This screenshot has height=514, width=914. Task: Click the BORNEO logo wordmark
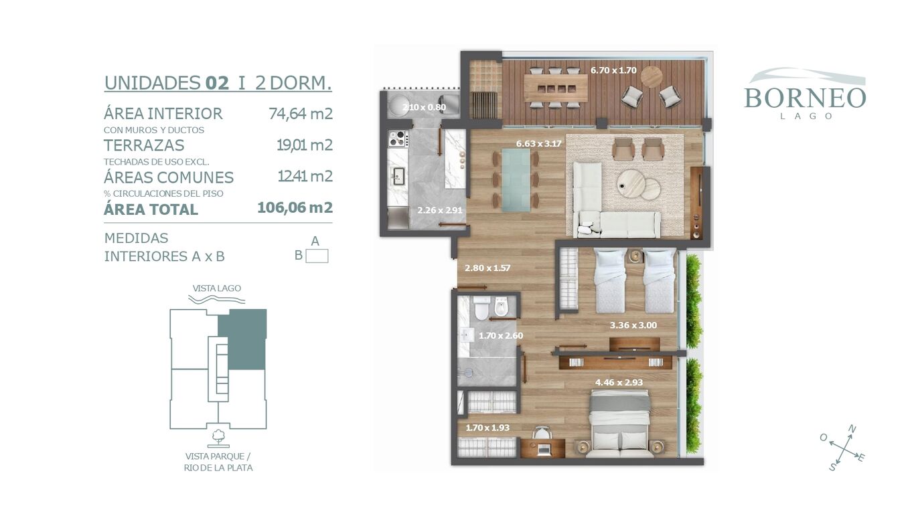[x=805, y=98]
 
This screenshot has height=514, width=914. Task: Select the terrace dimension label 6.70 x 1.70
[x=613, y=70]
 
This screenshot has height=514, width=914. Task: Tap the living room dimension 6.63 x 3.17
[x=538, y=144]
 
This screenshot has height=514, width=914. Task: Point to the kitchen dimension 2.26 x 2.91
[x=439, y=211]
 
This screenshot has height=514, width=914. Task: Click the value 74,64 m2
[x=300, y=113]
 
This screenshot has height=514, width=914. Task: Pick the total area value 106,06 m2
[x=295, y=207]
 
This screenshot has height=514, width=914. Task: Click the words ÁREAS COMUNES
[x=169, y=177]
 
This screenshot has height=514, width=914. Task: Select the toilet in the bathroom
[x=481, y=308]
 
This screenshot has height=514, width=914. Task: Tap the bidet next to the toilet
[x=501, y=307]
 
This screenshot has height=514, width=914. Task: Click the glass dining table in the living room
[x=516, y=180]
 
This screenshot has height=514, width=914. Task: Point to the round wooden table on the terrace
[x=652, y=76]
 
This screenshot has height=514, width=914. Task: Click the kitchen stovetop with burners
[x=398, y=139]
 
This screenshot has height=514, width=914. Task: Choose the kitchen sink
[x=398, y=176]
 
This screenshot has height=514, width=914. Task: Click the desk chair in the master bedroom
[x=542, y=433]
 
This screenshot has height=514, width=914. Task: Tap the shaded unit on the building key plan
[x=242, y=339]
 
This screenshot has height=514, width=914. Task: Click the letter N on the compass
[x=852, y=429]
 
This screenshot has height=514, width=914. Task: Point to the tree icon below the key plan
[x=218, y=437]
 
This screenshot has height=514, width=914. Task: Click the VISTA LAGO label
[x=217, y=288]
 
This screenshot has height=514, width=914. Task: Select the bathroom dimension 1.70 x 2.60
[x=501, y=336]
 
